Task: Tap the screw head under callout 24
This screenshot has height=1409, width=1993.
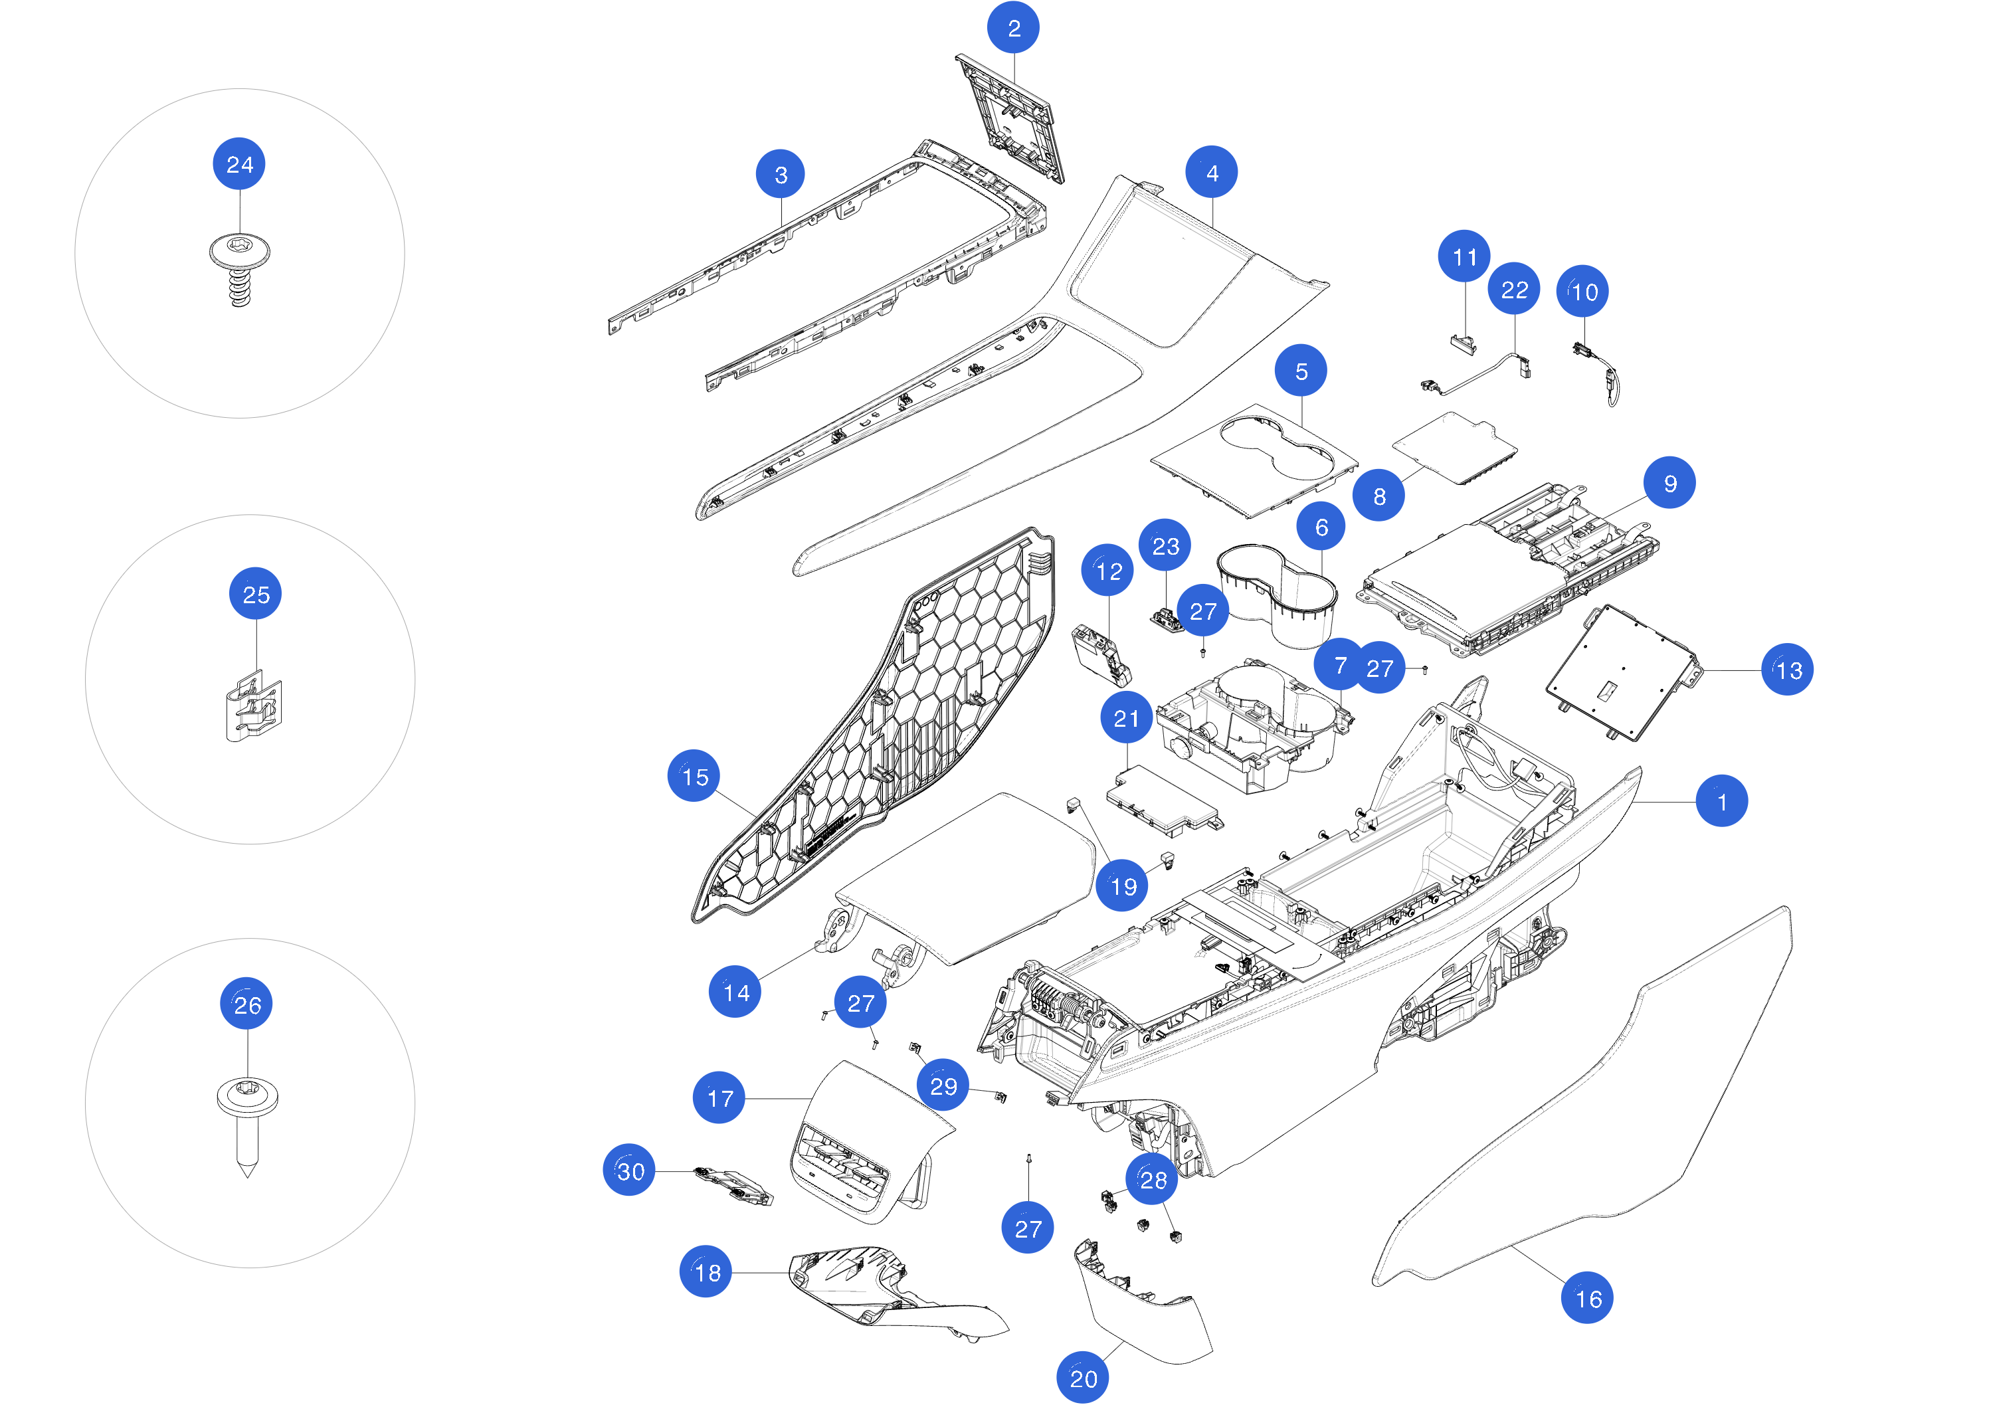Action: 240,252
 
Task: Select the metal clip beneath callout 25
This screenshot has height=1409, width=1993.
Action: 254,707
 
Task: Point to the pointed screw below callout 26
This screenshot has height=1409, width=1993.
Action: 247,1124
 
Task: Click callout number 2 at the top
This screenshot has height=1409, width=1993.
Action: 1013,28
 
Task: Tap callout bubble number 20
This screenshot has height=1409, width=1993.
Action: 1082,1377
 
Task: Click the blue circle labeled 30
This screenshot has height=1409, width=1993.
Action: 629,1171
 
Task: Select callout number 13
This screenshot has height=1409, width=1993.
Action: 1787,670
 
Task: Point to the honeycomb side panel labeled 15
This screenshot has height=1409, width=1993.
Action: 877,729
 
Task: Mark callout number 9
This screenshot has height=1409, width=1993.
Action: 1669,483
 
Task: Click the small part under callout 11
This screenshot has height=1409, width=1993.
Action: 1464,342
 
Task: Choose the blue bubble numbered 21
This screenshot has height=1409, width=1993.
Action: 1126,718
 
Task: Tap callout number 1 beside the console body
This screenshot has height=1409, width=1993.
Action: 1721,801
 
